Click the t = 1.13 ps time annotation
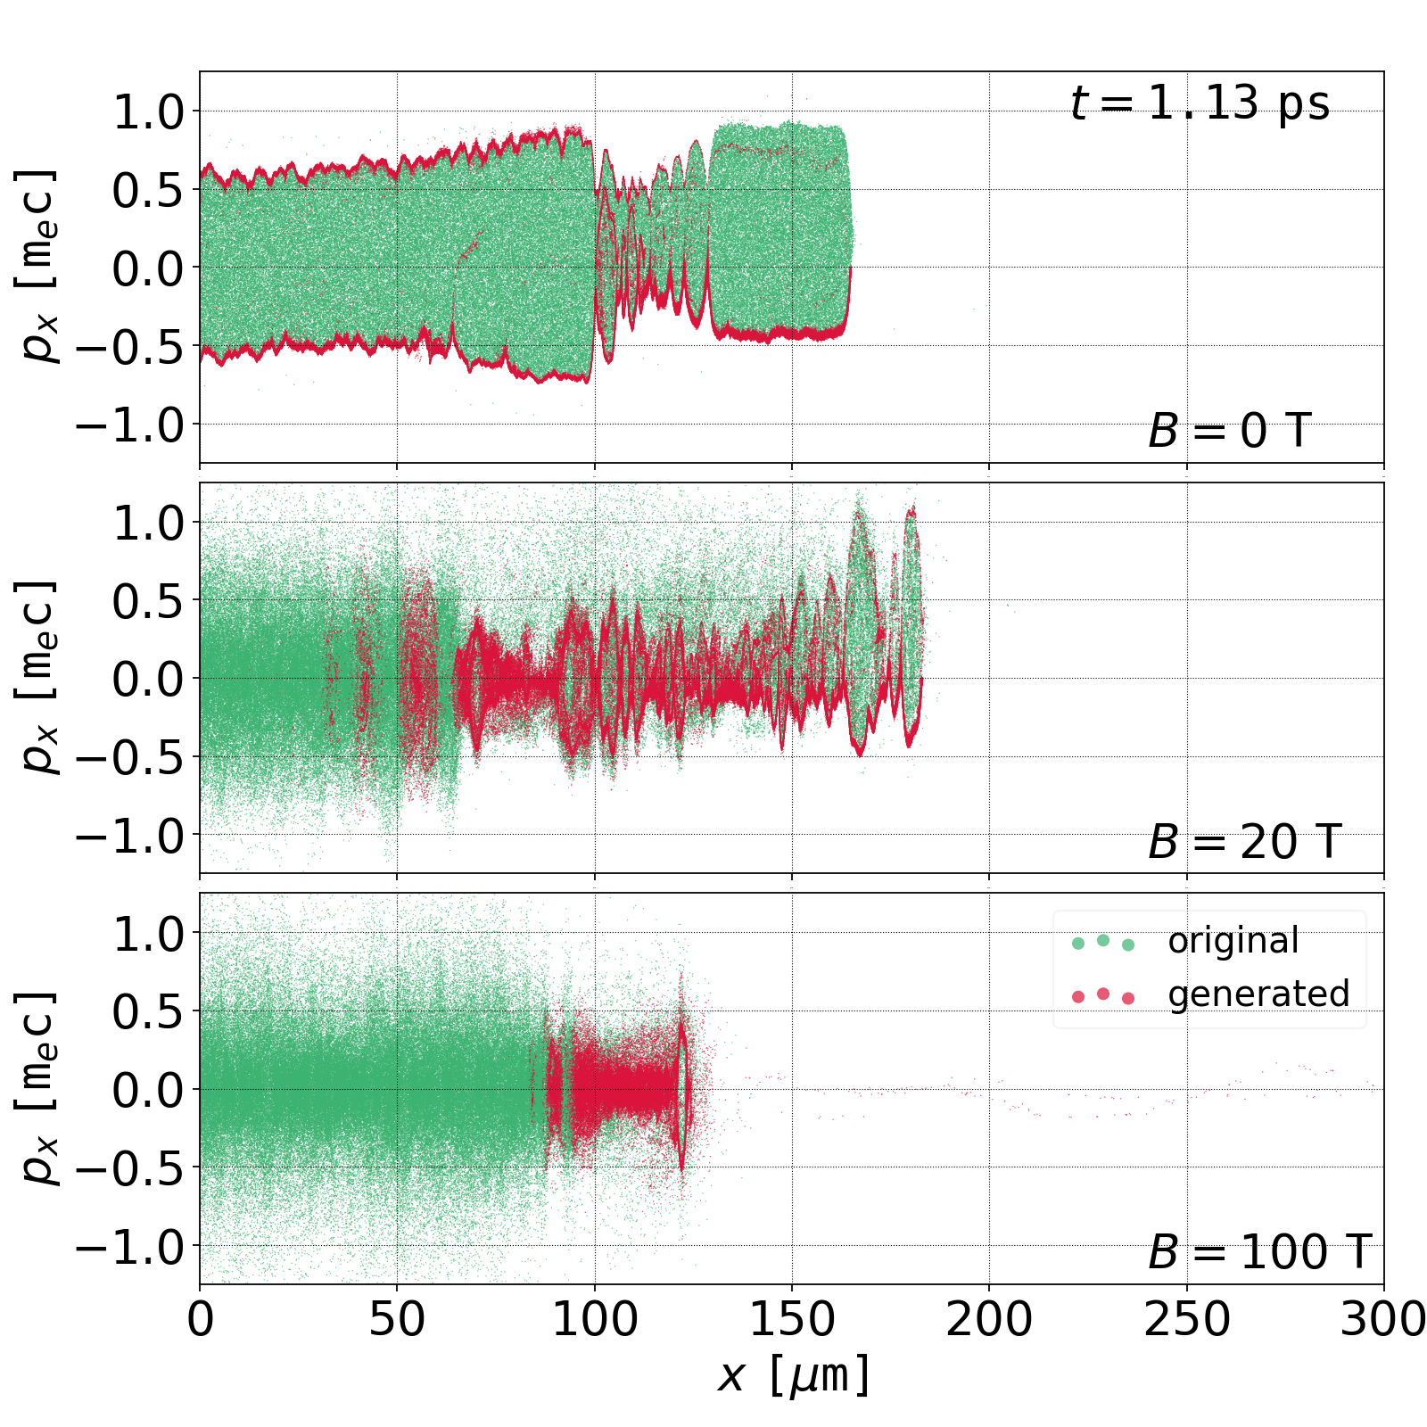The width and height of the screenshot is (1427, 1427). click(1200, 103)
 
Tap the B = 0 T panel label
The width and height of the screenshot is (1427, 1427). click(1229, 432)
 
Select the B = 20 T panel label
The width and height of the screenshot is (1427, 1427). click(1244, 842)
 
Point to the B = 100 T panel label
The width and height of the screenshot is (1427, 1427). click(1259, 1252)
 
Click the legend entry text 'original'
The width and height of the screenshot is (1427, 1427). click(1233, 941)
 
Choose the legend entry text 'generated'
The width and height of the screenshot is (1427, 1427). click(1258, 994)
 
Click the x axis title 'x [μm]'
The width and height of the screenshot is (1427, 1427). click(793, 1374)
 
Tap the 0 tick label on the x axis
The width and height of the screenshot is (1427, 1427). click(201, 1319)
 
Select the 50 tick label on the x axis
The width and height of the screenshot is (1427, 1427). click(397, 1319)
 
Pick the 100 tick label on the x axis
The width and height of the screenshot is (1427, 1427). click(595, 1319)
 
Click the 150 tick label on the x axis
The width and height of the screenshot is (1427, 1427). click(792, 1319)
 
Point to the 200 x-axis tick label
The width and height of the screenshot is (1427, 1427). click(989, 1319)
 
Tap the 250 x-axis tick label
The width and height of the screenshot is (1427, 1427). click(1187, 1319)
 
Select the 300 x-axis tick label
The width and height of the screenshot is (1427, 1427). click(1383, 1319)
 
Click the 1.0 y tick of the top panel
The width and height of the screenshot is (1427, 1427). click(147, 111)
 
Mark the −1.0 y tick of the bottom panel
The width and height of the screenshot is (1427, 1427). click(129, 1246)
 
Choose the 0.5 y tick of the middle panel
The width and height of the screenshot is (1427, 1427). click(147, 600)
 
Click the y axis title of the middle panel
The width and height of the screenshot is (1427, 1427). click(37, 678)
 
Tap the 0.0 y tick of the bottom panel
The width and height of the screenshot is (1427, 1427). click(147, 1090)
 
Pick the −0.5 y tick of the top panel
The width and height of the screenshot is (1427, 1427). click(129, 346)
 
